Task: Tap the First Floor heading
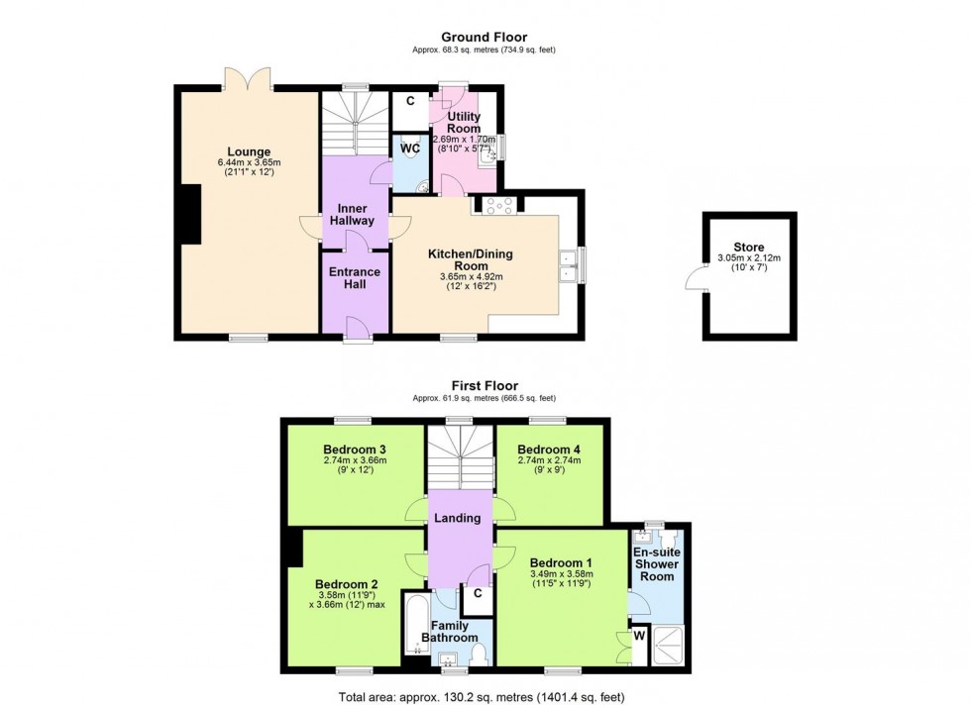point(485,386)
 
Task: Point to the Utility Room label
point(464,123)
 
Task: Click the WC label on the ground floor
point(411,149)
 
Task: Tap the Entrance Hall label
point(355,278)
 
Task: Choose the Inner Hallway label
point(355,214)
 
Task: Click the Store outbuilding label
point(749,247)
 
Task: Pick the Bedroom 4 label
point(549,450)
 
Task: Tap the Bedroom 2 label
point(346,583)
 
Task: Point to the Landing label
point(458,518)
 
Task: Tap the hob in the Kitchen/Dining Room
point(494,205)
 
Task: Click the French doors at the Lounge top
point(247,77)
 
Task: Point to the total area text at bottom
point(485,696)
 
